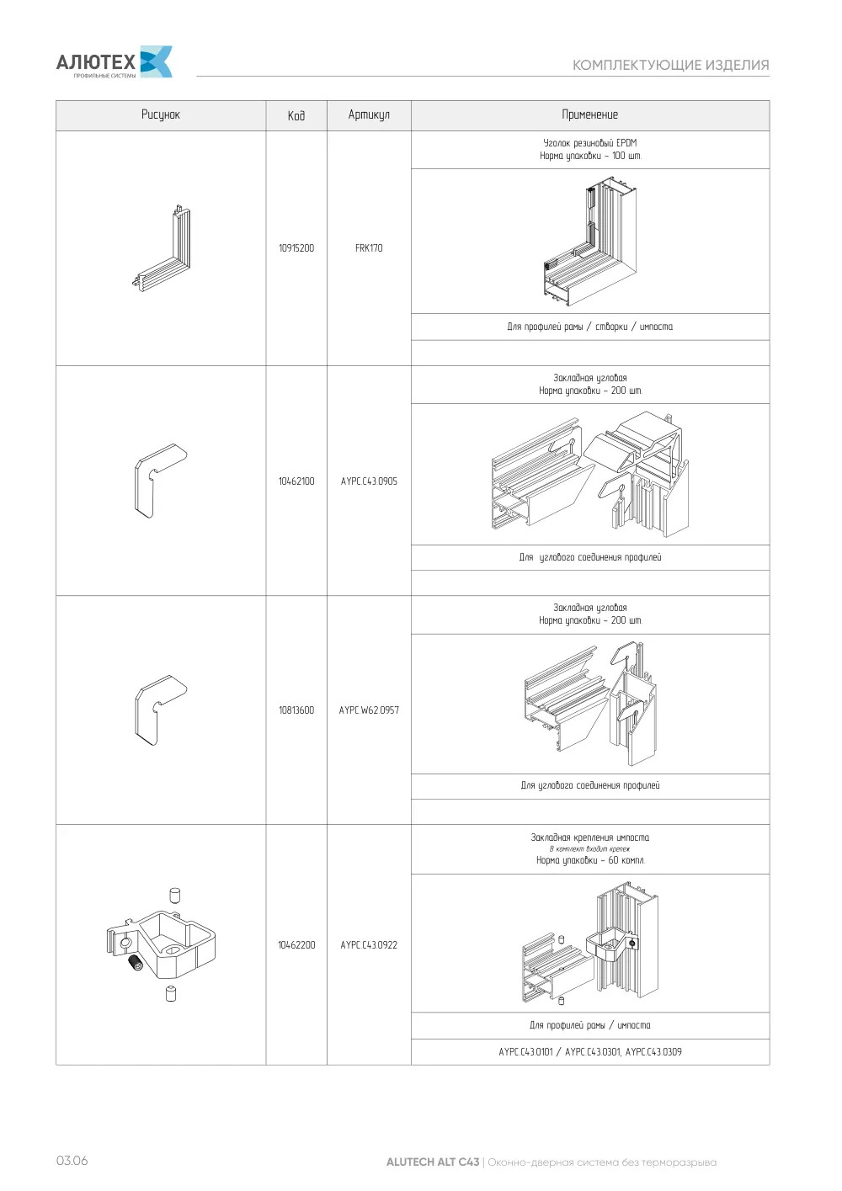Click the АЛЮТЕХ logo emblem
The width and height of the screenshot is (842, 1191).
tap(156, 61)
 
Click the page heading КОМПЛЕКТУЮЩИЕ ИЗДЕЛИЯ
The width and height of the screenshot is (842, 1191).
tap(671, 65)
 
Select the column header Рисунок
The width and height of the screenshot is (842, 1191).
tap(161, 114)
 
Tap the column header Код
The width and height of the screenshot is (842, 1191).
tap(296, 115)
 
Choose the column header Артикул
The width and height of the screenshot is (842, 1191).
tap(369, 114)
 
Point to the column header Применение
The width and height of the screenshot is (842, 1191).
tap(590, 114)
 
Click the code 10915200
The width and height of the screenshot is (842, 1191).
tap(296, 248)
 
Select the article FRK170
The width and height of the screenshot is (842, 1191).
tap(369, 248)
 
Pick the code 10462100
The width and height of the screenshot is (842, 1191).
tap(296, 481)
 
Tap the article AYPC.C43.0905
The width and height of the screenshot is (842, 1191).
tap(369, 481)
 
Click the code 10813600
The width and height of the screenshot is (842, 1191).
tap(296, 710)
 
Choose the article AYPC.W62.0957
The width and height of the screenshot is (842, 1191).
tap(369, 710)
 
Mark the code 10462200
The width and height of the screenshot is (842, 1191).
tap(296, 945)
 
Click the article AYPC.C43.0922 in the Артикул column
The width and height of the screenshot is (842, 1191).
tap(369, 945)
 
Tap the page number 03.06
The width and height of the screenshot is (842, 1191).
tap(72, 1161)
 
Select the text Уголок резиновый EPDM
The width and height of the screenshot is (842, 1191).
tap(590, 143)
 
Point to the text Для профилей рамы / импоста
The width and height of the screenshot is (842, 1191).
tap(590, 1025)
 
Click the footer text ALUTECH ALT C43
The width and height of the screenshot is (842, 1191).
tap(433, 1162)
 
